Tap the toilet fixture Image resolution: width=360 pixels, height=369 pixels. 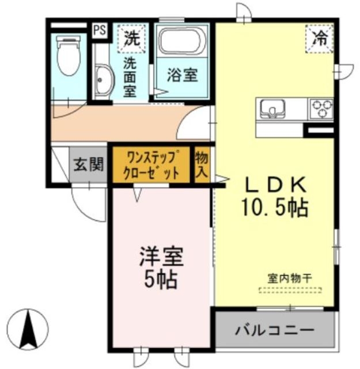[68, 55]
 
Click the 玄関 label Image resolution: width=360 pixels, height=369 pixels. [89, 165]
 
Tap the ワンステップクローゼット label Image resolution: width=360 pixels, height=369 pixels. [150, 165]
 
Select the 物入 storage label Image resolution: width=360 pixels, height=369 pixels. [201, 165]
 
